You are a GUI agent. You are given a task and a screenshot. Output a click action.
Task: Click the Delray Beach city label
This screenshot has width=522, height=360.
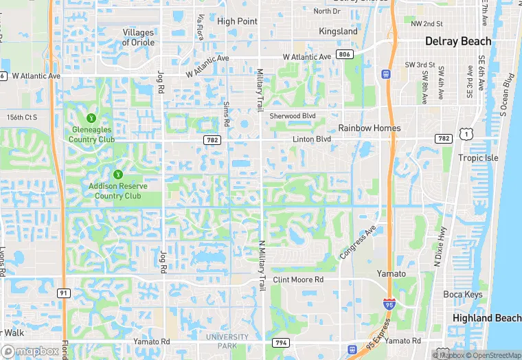[458, 41]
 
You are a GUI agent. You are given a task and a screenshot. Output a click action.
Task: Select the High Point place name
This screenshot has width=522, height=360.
[237, 21]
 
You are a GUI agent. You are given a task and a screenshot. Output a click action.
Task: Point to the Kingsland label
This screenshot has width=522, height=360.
[338, 32]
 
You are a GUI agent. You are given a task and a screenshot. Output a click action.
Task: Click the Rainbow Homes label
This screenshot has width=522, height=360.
[369, 128]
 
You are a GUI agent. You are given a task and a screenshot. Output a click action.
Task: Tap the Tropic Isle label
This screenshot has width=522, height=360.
[478, 158]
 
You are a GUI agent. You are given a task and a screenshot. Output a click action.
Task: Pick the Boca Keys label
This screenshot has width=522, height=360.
[462, 295]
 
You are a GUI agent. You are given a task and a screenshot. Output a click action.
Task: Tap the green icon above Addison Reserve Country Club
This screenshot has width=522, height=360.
[117, 175]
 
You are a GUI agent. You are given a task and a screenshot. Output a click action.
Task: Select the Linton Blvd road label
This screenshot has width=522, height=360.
[313, 139]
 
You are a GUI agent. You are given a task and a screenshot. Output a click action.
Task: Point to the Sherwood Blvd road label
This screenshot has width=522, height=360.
[293, 116]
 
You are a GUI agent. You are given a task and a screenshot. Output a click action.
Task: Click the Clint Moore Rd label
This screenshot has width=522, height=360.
[298, 280]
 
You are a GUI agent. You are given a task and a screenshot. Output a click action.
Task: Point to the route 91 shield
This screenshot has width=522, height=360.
[64, 293]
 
